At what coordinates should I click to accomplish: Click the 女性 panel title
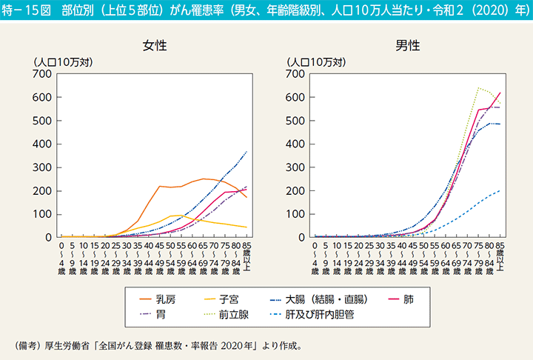tap(155, 45)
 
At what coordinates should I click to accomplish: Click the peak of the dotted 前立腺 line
tap(478, 88)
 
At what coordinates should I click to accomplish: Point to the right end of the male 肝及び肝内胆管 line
tap(500, 190)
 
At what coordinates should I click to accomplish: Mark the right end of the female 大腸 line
tap(247, 151)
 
